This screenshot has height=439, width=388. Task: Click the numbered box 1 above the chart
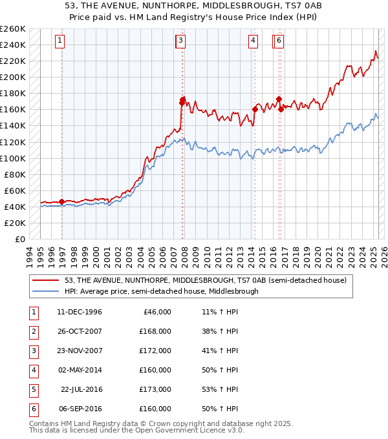click(x=59, y=41)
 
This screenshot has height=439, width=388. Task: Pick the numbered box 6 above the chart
click(x=279, y=41)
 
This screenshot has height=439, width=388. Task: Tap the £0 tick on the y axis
click(x=20, y=240)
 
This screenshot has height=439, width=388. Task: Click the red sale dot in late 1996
click(x=62, y=201)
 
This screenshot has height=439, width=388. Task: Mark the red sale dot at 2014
click(x=255, y=109)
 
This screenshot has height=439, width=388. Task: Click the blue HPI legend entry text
click(x=161, y=291)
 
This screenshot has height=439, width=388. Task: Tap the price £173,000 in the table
click(x=155, y=389)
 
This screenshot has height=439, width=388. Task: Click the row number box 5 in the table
click(x=32, y=389)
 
